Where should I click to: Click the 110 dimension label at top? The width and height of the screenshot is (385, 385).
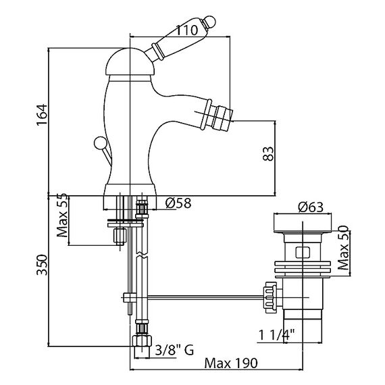point(187,30)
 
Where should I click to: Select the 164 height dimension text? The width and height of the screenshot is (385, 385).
point(42,115)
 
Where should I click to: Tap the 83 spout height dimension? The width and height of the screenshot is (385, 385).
point(268,154)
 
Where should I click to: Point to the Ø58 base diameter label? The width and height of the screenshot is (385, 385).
point(178,203)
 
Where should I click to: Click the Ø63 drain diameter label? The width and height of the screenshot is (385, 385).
point(311,207)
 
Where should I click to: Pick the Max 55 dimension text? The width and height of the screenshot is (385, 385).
point(62,215)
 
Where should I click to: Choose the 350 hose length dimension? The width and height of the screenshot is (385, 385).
point(42,265)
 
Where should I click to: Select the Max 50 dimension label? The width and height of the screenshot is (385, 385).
point(343,248)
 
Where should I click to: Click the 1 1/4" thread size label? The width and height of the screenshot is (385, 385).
point(277,335)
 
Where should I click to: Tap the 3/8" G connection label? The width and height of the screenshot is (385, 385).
point(174,350)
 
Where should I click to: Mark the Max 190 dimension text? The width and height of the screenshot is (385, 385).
point(231,363)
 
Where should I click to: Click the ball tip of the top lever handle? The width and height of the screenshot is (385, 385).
point(210,21)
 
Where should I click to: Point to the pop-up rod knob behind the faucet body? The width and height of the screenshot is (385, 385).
point(100,143)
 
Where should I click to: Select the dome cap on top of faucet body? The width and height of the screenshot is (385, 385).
point(130,62)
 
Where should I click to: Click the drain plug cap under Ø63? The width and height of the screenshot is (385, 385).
point(303,223)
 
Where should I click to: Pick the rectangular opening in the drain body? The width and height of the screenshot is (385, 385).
point(303,253)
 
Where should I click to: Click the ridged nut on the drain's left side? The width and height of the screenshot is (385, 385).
point(269,298)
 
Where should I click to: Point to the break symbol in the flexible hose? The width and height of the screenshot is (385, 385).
point(142,255)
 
